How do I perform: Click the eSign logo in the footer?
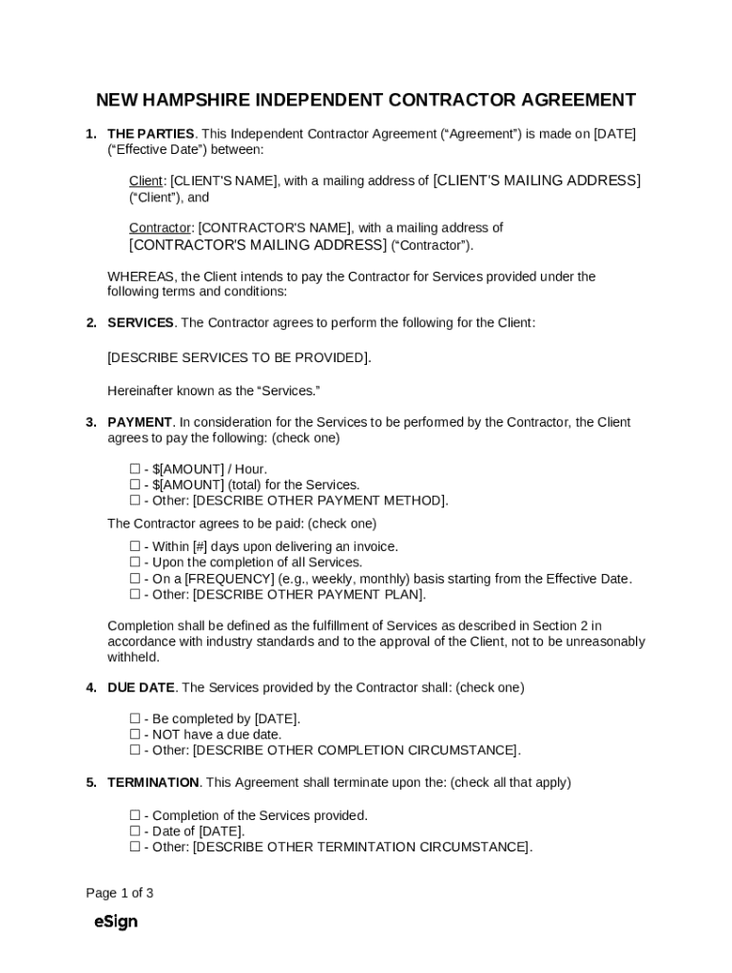pos(116,922)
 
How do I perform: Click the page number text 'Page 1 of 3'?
pos(120,893)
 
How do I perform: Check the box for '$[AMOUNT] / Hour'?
pos(135,469)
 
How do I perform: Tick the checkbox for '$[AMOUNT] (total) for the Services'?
pos(135,485)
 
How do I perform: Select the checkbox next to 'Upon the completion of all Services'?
pos(135,563)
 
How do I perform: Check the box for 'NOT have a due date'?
pos(135,735)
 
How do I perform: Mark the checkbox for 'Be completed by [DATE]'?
pos(135,719)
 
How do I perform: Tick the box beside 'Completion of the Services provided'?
pos(135,816)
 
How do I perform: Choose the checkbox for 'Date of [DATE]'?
pos(135,831)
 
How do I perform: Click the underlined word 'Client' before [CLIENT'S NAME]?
pos(146,181)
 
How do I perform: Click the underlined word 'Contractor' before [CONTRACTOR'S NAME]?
pos(160,228)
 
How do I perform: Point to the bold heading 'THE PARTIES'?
pos(151,134)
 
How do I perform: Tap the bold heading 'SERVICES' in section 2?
pos(141,323)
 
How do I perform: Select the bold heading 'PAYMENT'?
pos(140,422)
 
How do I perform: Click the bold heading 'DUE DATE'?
pos(142,688)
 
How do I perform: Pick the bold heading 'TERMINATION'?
pos(153,783)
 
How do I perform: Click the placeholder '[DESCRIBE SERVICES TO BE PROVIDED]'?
pos(238,357)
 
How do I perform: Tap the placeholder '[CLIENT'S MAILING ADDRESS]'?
pos(536,181)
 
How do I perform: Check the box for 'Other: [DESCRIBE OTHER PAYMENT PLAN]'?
pos(135,595)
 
